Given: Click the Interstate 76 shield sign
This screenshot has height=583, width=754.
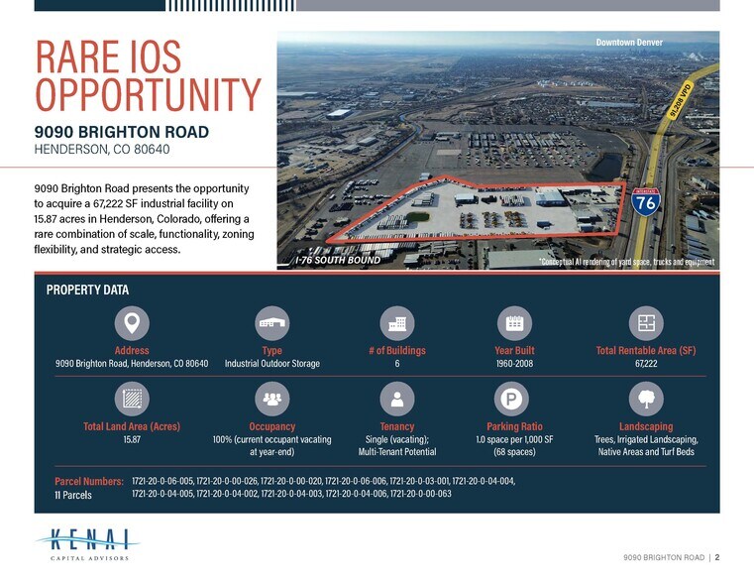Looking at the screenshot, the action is [646, 201].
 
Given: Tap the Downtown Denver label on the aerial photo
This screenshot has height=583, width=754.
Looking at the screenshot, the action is [629, 43].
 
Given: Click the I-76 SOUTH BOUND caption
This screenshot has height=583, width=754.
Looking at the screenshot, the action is [338, 260].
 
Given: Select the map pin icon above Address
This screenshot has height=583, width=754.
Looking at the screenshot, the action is [132, 323].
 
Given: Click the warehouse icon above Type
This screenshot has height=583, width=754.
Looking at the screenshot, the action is [272, 323].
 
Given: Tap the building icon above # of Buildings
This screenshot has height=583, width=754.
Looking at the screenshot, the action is [397, 323].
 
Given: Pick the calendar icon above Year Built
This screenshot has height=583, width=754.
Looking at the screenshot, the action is [514, 323].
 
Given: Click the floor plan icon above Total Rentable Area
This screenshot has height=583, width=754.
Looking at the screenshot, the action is [646, 323].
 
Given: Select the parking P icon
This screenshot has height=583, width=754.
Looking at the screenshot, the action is [511, 399].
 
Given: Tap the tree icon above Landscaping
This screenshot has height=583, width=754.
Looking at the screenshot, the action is [646, 399].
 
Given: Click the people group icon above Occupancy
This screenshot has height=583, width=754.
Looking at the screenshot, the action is [272, 399].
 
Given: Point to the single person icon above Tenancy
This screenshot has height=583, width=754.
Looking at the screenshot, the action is [397, 399].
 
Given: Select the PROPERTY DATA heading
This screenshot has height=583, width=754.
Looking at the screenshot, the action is [87, 291].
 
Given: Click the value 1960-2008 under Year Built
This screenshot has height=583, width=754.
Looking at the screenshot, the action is [514, 364].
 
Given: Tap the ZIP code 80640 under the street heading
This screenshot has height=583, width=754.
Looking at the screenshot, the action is [152, 149].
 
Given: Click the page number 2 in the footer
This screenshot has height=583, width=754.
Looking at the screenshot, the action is [717, 557].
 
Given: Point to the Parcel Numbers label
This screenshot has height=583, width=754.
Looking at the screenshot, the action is [89, 481].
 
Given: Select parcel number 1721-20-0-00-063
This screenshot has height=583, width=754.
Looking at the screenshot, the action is [421, 494].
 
